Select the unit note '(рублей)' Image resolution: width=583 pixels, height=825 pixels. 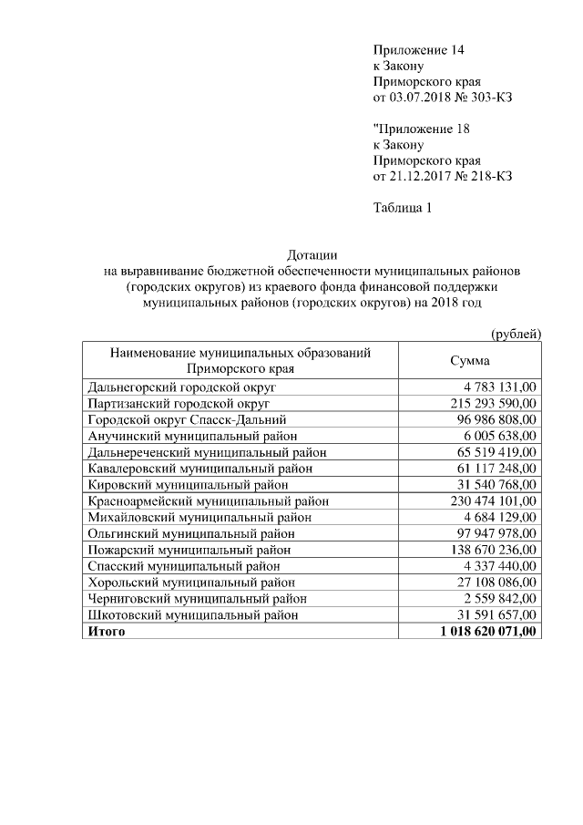(x=516, y=335)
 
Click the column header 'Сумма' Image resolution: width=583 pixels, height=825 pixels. (x=471, y=361)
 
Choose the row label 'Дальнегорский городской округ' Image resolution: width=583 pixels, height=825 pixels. (x=182, y=387)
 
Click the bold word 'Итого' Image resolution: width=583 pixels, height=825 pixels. (x=106, y=631)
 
